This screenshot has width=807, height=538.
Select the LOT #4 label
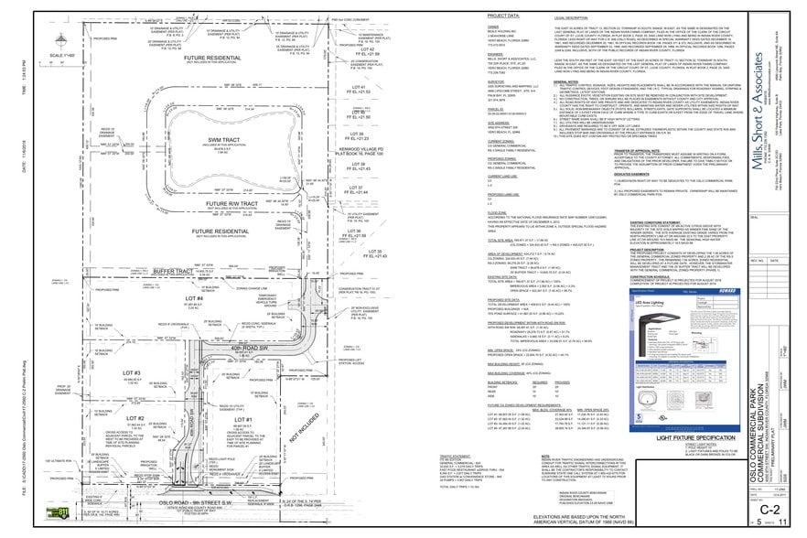[194, 273]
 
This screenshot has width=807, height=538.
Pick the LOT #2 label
[136, 418]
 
